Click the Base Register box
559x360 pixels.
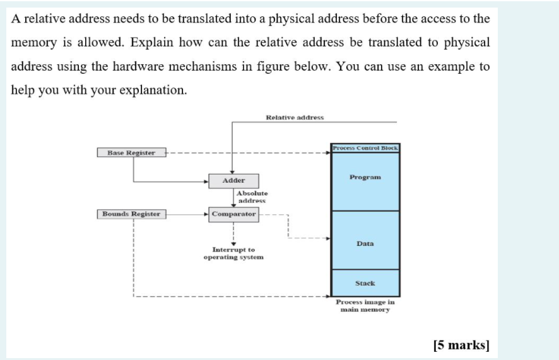coord(131,153)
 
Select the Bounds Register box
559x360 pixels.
coord(131,214)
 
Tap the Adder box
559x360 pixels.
coord(233,180)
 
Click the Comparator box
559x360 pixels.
coord(233,214)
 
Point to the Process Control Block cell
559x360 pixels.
coord(365,148)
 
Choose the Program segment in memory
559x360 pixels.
coord(365,178)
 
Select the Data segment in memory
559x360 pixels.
coord(365,243)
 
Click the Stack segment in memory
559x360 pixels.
coord(365,284)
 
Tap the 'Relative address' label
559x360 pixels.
coord(295,117)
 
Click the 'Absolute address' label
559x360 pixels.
coord(252,197)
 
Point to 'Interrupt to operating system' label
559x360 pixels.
coord(233,253)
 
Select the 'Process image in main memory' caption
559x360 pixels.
coord(365,306)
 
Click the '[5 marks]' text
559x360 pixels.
coord(461,345)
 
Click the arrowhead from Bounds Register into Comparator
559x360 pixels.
coord(207,214)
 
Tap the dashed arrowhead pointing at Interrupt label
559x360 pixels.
coord(233,243)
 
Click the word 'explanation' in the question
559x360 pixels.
coord(155,90)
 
